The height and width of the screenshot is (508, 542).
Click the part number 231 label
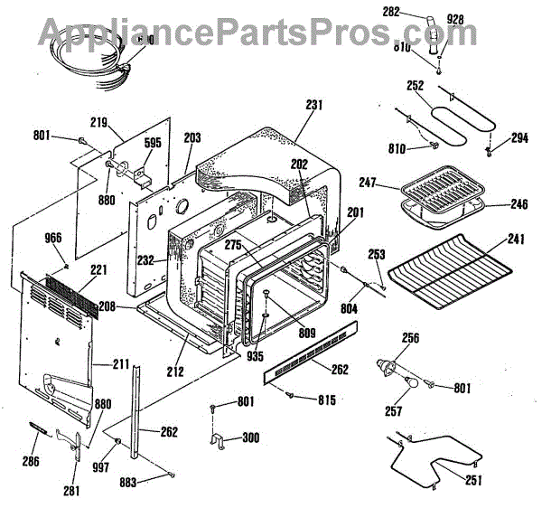pos(313,105)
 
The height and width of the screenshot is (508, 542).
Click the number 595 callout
pos(153,142)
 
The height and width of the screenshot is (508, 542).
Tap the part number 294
pos(519,139)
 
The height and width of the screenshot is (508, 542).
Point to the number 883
pos(128,483)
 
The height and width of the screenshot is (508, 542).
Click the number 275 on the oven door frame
pos(232,246)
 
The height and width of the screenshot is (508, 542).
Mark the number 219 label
pos(99,121)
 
